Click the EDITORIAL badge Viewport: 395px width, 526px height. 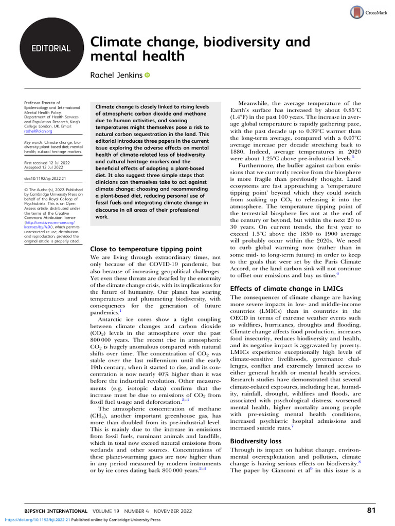[51, 49]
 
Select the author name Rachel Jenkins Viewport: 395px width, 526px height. [116, 76]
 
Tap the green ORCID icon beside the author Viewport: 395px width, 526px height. [148, 76]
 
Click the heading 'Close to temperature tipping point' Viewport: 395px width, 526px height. [146, 249]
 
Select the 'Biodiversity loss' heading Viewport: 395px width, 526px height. [256, 441]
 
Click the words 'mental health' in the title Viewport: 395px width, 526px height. [137, 55]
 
